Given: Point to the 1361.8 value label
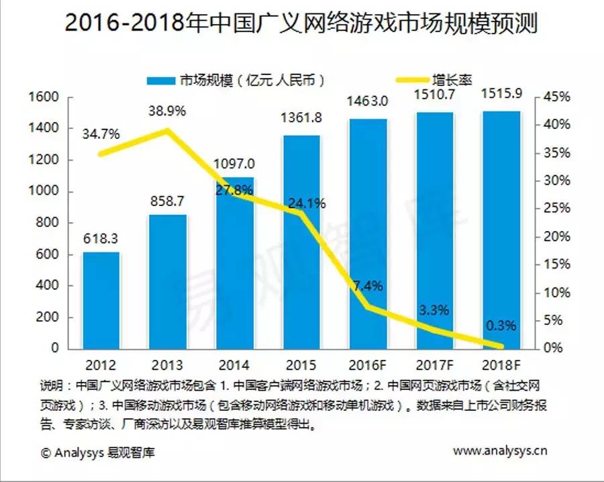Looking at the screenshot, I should pos(301,118).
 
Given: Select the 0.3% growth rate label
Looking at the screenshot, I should pos(500,326).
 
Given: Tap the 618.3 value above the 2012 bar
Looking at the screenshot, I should pos(101,237).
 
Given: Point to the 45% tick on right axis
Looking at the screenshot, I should pos(556,97).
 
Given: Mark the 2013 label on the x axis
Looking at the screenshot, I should pos(168,366).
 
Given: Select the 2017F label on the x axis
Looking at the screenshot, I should pos(434,366).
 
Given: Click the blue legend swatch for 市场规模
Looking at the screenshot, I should pos(160,79).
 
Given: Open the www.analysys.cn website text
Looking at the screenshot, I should pos(500,450).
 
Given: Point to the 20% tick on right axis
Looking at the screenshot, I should pos(556,237).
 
